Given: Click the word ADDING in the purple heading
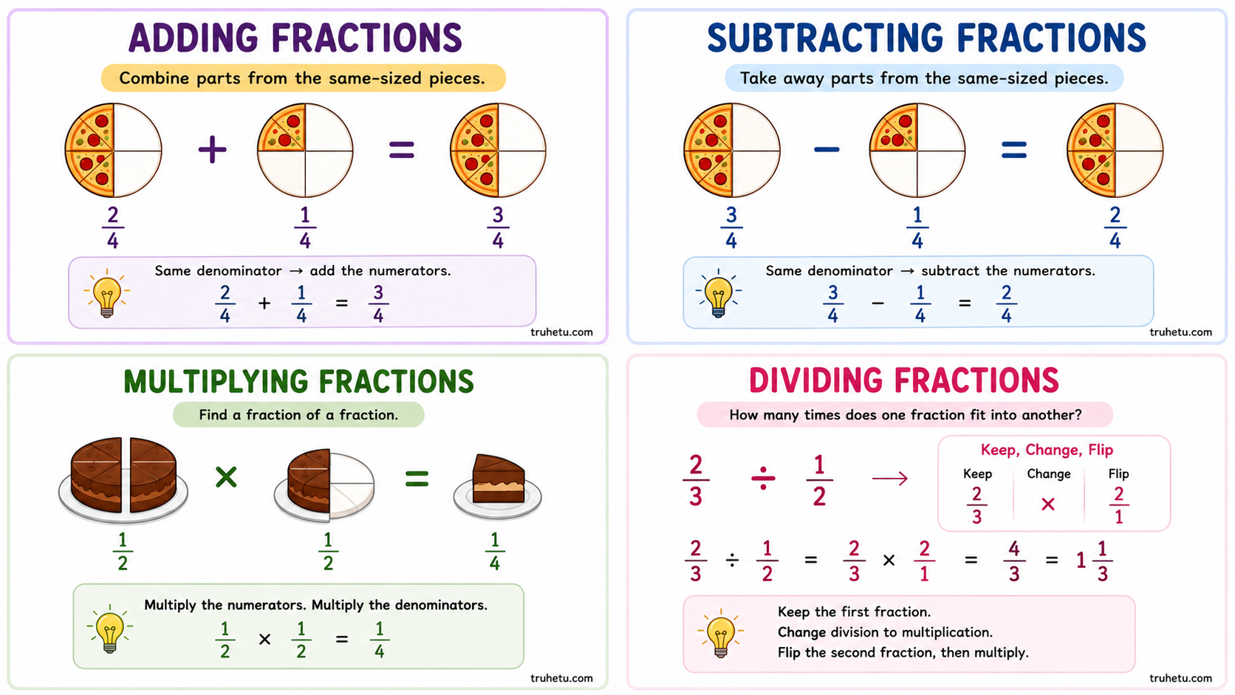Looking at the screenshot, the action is (194, 38).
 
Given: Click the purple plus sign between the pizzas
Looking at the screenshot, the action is (212, 149).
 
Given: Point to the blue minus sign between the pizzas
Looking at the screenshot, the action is (827, 149).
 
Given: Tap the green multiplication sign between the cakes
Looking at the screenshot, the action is (226, 477).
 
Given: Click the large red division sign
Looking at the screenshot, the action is (763, 478).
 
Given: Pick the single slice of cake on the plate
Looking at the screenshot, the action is (498, 479).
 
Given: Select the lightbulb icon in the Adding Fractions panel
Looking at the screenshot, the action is (107, 294).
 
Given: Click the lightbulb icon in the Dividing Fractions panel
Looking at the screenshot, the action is (721, 634).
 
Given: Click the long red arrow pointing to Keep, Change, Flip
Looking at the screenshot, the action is (890, 478).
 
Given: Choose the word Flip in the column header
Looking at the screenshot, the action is (1119, 474).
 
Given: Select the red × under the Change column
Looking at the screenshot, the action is (1048, 504).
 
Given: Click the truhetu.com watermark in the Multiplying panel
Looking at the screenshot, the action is (561, 678).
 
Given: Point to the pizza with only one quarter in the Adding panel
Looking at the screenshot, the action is (305, 150).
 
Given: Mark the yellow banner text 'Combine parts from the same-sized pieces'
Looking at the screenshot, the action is (303, 78).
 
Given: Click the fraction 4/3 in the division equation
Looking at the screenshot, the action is (1014, 561).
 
